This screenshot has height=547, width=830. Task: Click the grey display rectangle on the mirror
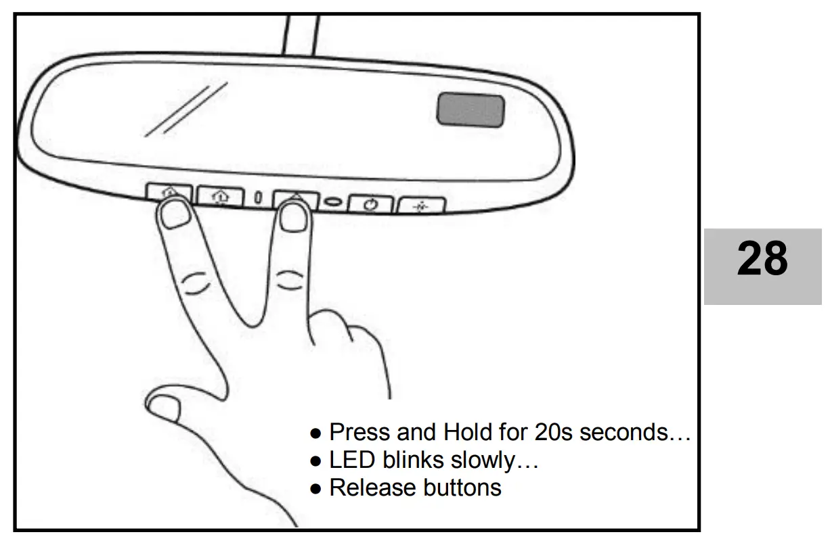point(471,110)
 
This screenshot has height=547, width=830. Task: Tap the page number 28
point(762,260)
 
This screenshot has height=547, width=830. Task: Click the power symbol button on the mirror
point(370,205)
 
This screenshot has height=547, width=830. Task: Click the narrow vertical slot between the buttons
point(258,198)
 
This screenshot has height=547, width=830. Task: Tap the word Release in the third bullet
point(370,487)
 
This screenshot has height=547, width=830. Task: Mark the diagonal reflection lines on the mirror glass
point(190,108)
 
